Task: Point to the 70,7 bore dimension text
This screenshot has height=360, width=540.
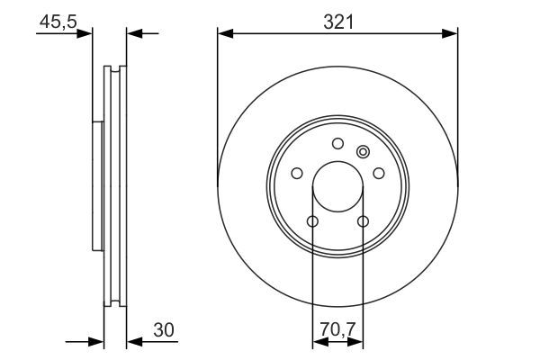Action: pos(337,328)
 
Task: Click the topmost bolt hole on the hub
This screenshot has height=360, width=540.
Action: pos(337,143)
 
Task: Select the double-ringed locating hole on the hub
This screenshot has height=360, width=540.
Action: pos(364,151)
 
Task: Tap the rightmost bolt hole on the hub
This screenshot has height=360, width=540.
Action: pos(379,173)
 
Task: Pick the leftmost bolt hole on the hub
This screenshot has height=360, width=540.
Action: pos(296,173)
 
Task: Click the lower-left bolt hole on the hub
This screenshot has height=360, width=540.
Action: pos(312,221)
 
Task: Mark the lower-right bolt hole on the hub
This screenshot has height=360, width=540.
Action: pos(364,221)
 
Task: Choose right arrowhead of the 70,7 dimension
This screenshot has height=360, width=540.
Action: pos(357,342)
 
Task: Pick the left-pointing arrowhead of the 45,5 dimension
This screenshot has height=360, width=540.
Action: pos(133,34)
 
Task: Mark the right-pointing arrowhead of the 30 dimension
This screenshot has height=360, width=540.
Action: pos(98,342)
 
